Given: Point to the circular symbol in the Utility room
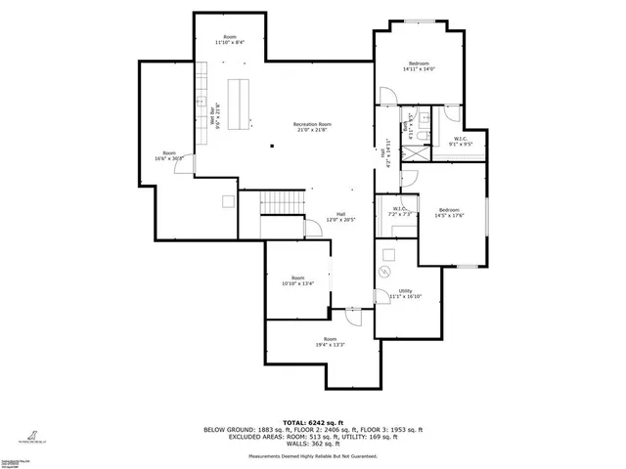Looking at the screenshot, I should [385, 272].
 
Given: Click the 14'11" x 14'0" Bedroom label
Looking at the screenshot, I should [419, 66].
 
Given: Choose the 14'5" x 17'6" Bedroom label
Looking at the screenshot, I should [449, 213].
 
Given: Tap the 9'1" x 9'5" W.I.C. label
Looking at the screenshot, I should [460, 141].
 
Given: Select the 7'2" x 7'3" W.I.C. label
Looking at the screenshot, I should [400, 211].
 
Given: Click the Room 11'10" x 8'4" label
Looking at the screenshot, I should [230, 40].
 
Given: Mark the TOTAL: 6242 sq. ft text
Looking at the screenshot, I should [313, 421].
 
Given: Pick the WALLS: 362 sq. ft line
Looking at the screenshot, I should [313, 445].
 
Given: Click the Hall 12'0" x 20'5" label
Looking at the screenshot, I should [341, 217].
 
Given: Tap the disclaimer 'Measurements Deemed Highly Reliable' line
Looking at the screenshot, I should [313, 456].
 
